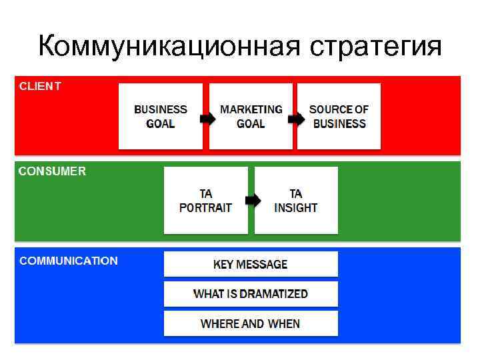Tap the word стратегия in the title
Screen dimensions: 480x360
(375, 47)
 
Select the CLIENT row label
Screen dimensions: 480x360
(40, 86)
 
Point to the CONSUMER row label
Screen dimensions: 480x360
(52, 171)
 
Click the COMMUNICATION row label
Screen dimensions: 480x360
(69, 261)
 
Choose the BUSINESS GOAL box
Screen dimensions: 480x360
(161, 116)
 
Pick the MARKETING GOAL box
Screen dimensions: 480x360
(251, 116)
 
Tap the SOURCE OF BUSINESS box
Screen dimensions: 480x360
(339, 116)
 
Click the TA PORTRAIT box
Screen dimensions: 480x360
(205, 200)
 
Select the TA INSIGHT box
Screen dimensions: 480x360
(296, 200)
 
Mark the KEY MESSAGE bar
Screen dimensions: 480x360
(251, 264)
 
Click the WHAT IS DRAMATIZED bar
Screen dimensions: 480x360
(251, 293)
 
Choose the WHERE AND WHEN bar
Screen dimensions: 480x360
(251, 323)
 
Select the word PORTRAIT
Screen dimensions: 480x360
(205, 207)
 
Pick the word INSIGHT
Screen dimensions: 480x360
(296, 207)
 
